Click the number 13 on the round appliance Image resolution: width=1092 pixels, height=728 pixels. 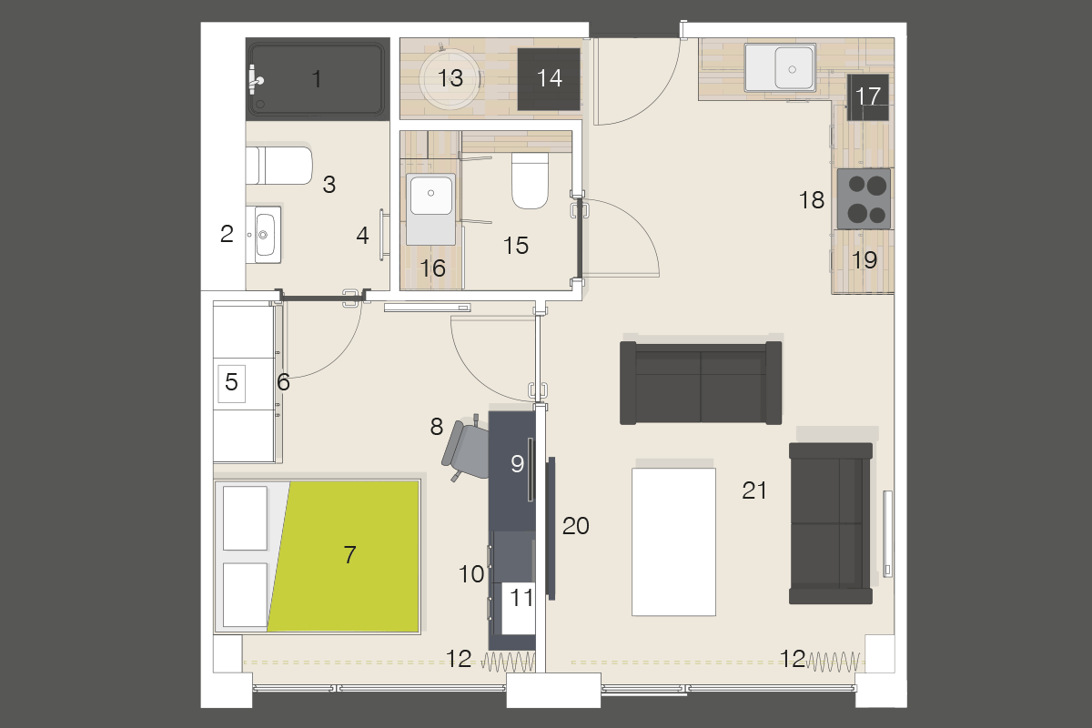coord(450,77)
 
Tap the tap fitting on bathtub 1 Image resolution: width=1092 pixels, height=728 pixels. coord(257,81)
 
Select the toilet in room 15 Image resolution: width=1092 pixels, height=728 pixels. coord(530,180)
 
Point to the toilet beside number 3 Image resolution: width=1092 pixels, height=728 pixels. coord(278,165)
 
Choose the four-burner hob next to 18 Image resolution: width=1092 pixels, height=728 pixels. coord(865,199)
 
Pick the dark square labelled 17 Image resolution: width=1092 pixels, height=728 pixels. coord(868,96)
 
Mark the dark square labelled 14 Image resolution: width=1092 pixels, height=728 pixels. coord(549,79)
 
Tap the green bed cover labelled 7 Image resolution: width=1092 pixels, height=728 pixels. coord(350,554)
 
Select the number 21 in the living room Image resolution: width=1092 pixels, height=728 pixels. coord(754,491)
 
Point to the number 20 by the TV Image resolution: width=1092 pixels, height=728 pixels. coord(576,525)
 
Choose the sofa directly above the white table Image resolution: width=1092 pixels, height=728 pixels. coord(701,383)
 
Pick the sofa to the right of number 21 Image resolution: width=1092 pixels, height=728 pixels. coord(831,523)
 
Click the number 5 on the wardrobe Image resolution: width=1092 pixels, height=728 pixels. coord(231,383)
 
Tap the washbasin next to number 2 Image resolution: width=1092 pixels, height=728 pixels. coord(267,234)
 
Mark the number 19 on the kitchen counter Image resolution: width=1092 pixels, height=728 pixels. coord(864,260)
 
